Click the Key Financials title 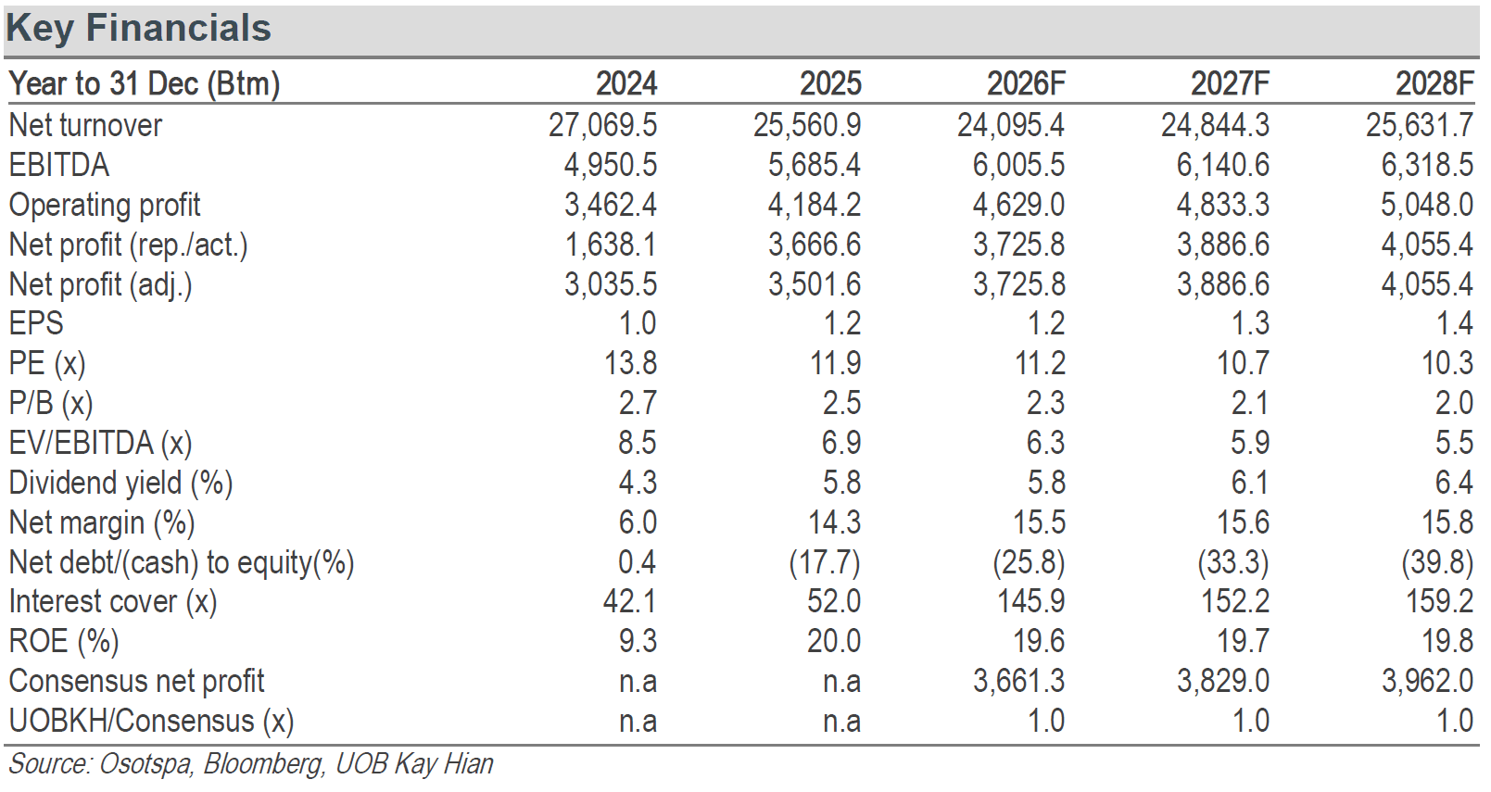pyautogui.click(x=138, y=29)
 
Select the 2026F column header pyautogui.click(x=1026, y=84)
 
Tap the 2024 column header pyautogui.click(x=626, y=84)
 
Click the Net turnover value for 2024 pyautogui.click(x=603, y=125)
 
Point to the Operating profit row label pyautogui.click(x=105, y=205)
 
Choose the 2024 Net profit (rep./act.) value pyautogui.click(x=611, y=245)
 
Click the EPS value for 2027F pyautogui.click(x=1250, y=324)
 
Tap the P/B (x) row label pyautogui.click(x=51, y=403)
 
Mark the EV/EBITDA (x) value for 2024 pyautogui.click(x=638, y=444)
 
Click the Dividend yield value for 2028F pyautogui.click(x=1454, y=483)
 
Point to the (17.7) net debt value pyautogui.click(x=825, y=562)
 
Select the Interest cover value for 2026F pyautogui.click(x=1031, y=602)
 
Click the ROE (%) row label pyautogui.click(x=64, y=642)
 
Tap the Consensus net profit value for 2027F pyautogui.click(x=1223, y=682)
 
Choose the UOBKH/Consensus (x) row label pyautogui.click(x=151, y=722)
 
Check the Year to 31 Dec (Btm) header pyautogui.click(x=145, y=84)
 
